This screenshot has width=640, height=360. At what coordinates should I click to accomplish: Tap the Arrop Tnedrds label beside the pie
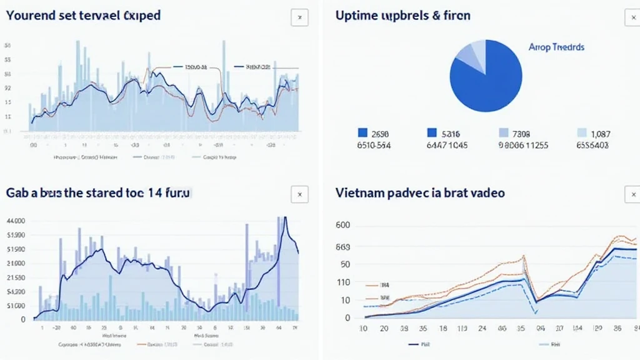click(556, 47)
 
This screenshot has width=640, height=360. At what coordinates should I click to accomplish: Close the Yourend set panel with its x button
click(299, 17)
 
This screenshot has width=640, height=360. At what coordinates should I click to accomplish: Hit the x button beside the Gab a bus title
click(299, 194)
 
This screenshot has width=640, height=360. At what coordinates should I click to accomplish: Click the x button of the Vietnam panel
click(632, 194)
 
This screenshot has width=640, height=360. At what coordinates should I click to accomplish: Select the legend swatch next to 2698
click(362, 132)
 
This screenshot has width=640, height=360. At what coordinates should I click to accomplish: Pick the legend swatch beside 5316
click(431, 132)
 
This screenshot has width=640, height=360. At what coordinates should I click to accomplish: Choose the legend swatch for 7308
click(503, 132)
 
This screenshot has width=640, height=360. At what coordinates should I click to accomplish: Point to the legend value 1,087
click(601, 133)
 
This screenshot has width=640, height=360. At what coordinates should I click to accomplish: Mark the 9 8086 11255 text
click(523, 145)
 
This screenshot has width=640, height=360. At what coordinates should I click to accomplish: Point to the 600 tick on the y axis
click(342, 226)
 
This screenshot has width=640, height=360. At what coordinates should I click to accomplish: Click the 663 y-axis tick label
click(342, 247)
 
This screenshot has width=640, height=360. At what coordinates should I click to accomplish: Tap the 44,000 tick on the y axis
click(15, 221)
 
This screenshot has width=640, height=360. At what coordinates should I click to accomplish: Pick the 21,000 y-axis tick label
click(15, 263)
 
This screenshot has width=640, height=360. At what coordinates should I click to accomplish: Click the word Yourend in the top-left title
click(30, 15)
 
